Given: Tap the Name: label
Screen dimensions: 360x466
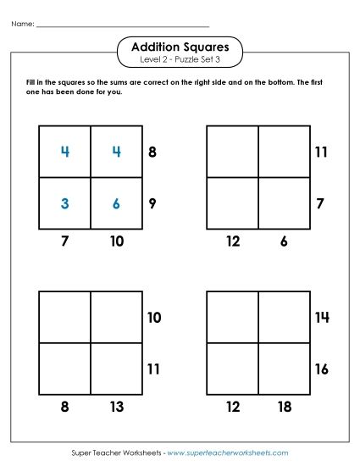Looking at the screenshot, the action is tap(23, 24).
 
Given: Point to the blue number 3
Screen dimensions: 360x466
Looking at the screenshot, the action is tap(64, 203).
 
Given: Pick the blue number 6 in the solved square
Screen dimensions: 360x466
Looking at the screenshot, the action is tap(116, 203).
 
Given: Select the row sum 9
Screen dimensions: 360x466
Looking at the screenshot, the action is tap(152, 203).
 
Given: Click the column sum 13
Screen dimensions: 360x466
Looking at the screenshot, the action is tap(116, 408).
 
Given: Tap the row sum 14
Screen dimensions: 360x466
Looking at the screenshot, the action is tap(321, 317).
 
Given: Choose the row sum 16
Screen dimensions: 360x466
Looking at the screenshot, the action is tap(321, 369).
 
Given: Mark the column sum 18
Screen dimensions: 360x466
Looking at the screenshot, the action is tap(284, 408).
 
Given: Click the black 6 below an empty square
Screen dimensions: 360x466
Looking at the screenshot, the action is tap(284, 241).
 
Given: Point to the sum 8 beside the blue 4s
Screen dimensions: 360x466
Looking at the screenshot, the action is tap(152, 152).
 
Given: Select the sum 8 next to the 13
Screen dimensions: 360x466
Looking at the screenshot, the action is tap(64, 408).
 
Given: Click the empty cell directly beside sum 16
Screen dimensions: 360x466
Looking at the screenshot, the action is tap(284, 369).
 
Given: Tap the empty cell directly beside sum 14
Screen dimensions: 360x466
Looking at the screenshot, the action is tap(284, 317).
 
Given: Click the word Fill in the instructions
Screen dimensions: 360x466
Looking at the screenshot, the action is tap(32, 82).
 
